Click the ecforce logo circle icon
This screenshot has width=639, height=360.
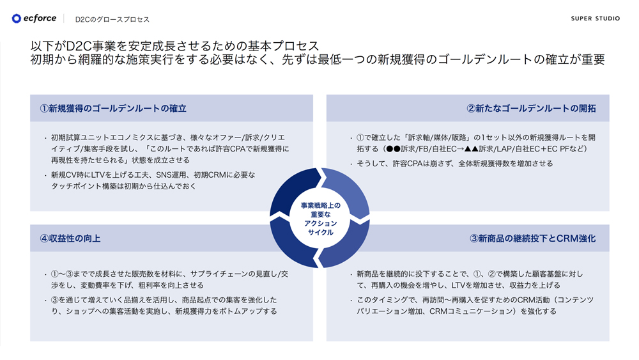[17, 19]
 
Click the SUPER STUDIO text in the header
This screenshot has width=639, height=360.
[596, 19]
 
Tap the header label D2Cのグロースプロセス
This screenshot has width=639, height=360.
[112, 19]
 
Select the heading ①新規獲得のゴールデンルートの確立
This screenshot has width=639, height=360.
[113, 109]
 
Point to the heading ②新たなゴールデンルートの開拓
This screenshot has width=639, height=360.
[532, 109]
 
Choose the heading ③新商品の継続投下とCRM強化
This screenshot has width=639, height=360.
[533, 239]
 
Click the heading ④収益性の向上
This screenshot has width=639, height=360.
[70, 239]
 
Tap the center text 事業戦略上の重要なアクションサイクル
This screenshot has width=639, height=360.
[320, 219]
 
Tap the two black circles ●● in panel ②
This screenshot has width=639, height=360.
[393, 149]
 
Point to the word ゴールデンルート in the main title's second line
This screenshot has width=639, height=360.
[484, 59]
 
